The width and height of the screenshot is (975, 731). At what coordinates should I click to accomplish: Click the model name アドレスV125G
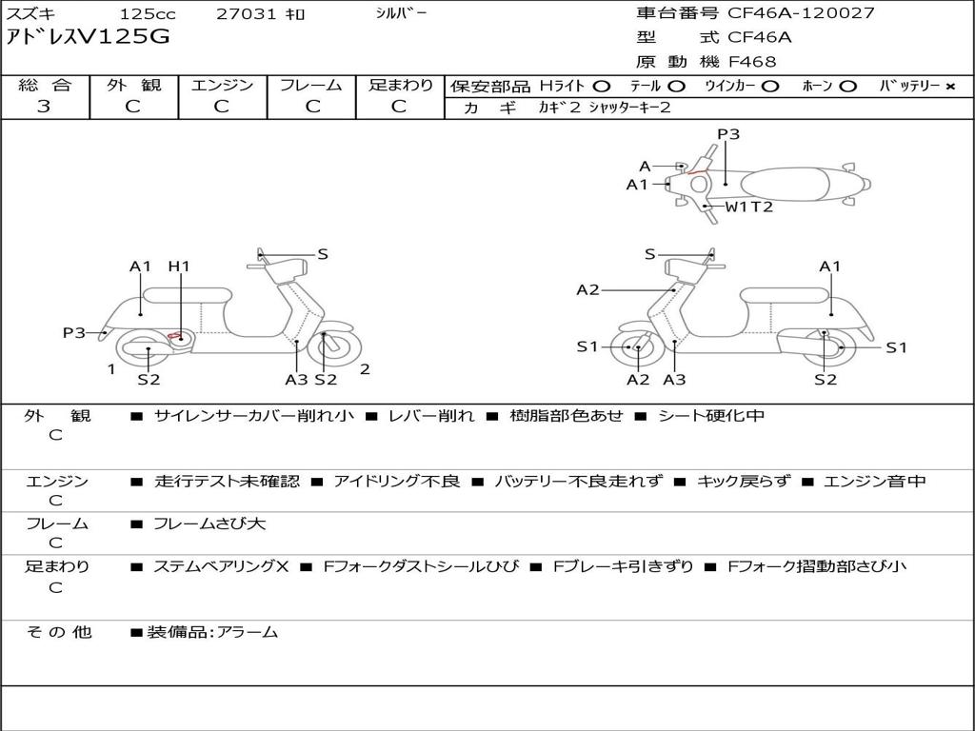88,37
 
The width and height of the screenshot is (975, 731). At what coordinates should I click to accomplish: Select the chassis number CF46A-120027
801,12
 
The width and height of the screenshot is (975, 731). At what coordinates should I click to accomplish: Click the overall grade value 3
44,107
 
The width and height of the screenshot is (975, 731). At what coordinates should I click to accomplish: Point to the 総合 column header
45,85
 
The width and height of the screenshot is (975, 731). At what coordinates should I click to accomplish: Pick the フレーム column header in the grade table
311,85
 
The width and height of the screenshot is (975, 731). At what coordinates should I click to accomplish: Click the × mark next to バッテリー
950,87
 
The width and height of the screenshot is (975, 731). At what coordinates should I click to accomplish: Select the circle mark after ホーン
847,87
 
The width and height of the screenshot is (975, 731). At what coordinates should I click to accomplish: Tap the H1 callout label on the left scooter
179,267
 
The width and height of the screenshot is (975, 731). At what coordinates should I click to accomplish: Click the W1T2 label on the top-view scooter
749,207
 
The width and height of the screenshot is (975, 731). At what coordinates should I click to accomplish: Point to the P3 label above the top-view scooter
728,133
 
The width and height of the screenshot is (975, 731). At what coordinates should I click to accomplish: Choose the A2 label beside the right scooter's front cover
587,289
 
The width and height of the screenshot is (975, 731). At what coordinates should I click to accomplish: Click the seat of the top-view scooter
786,184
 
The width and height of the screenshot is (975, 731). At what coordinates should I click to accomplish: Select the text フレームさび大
209,524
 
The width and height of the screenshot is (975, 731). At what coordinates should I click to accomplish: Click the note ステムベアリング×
221,566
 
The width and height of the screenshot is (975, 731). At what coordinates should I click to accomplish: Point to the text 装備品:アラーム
212,633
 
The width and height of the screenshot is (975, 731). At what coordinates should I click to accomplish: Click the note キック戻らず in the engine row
745,481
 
